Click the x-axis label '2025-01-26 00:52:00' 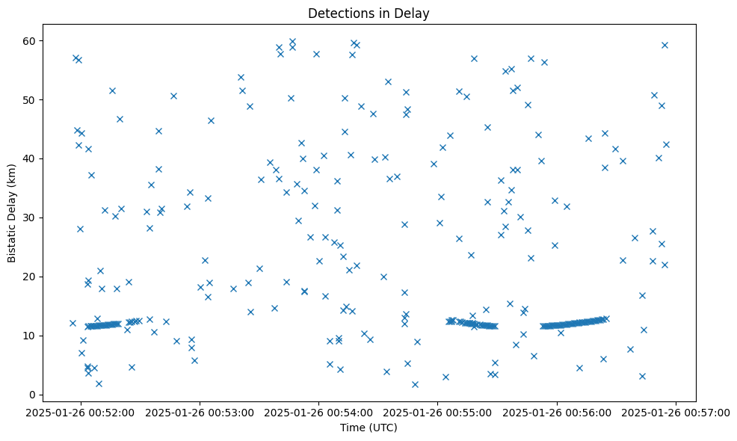[x=81, y=412]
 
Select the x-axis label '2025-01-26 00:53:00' [x=200, y=412]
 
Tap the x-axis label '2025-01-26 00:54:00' [x=319, y=412]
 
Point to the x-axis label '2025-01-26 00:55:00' [x=438, y=412]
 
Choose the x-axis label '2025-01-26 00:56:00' [x=557, y=412]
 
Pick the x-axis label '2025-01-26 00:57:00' [x=676, y=412]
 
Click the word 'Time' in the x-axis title [x=353, y=428]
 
